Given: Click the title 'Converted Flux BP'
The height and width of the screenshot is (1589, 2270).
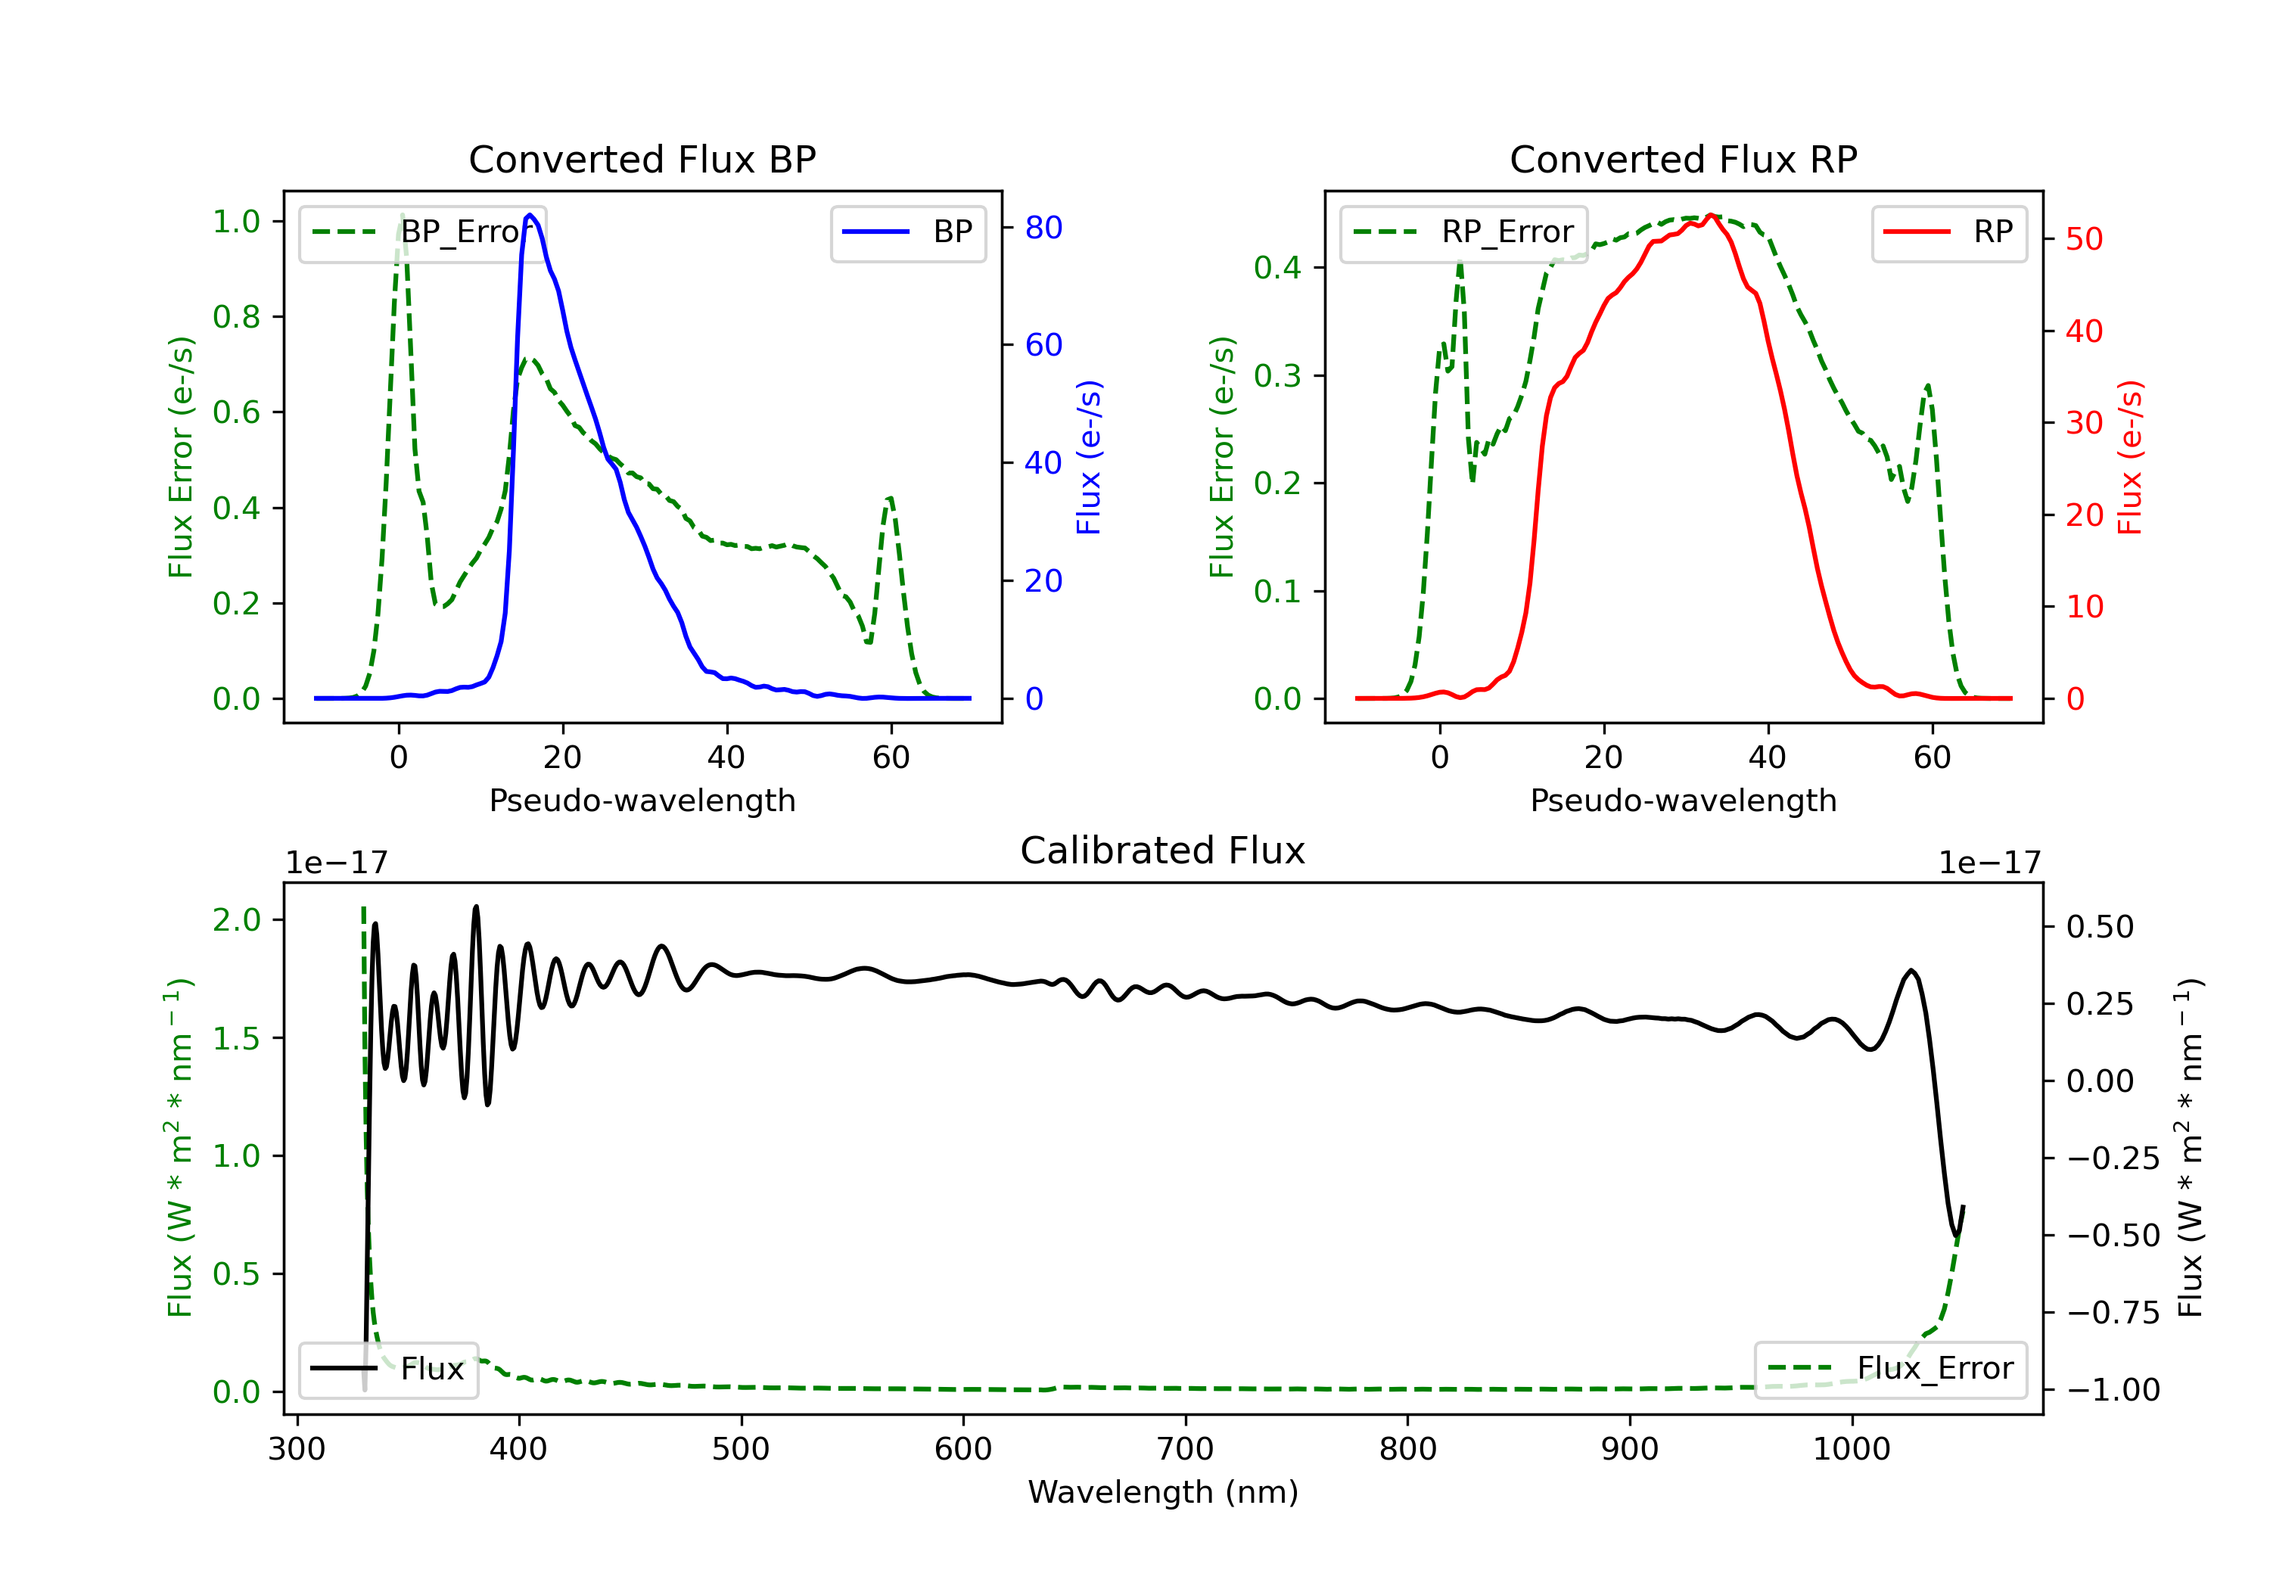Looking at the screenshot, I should point(642,159).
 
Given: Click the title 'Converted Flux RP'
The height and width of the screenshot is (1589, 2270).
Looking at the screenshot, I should point(1683,159).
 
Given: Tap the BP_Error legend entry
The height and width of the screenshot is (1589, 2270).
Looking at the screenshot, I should point(423,232).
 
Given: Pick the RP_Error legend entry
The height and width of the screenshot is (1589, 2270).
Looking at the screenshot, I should point(1464,232).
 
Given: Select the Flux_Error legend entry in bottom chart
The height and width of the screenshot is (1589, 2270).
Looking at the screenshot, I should point(1890,1369).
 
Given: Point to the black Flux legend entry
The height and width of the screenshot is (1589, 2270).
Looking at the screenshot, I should point(389,1369).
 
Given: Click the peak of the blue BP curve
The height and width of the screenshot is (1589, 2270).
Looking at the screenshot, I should point(530,215).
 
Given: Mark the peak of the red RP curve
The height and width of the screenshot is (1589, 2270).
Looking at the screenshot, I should point(1710,215).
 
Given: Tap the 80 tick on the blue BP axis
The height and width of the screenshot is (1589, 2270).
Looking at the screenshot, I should point(1043,228).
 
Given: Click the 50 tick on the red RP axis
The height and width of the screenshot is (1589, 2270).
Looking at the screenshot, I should point(2084,239).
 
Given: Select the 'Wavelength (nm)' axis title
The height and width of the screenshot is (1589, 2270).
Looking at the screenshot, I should point(1163,1492).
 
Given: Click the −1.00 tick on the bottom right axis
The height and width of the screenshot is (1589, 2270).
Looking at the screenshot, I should point(2113,1390).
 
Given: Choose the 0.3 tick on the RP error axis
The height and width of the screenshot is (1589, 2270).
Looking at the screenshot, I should point(1276,376).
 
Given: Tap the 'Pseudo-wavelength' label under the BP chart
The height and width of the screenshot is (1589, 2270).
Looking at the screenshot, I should point(642,800).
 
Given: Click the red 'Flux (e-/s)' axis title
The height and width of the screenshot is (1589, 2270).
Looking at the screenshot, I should point(2129,457).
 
